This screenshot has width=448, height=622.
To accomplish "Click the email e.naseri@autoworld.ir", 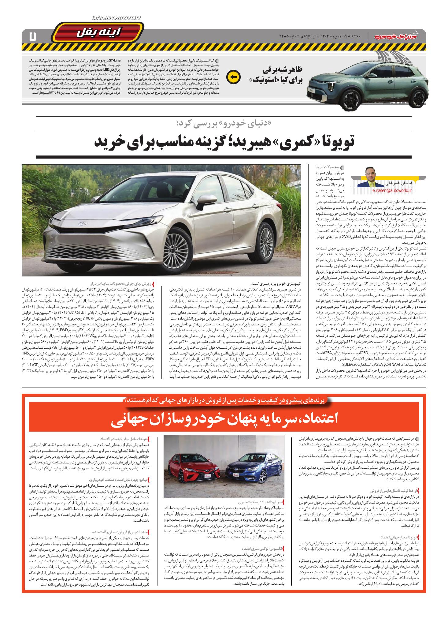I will [x=392, y=190].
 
